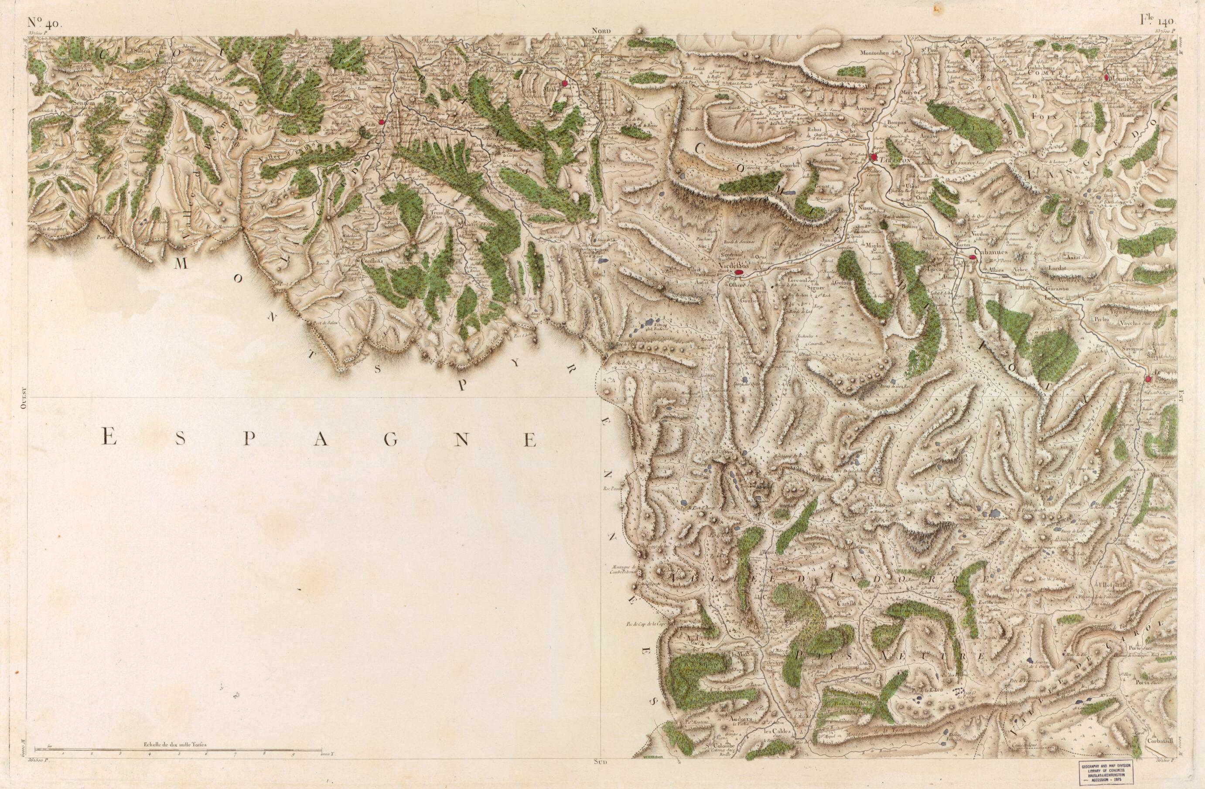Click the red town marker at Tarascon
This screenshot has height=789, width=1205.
[x=874, y=157]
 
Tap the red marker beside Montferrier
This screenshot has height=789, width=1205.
[x=1107, y=78]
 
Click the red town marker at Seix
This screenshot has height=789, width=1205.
[x=382, y=122]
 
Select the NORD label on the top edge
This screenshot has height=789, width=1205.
[x=602, y=31]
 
